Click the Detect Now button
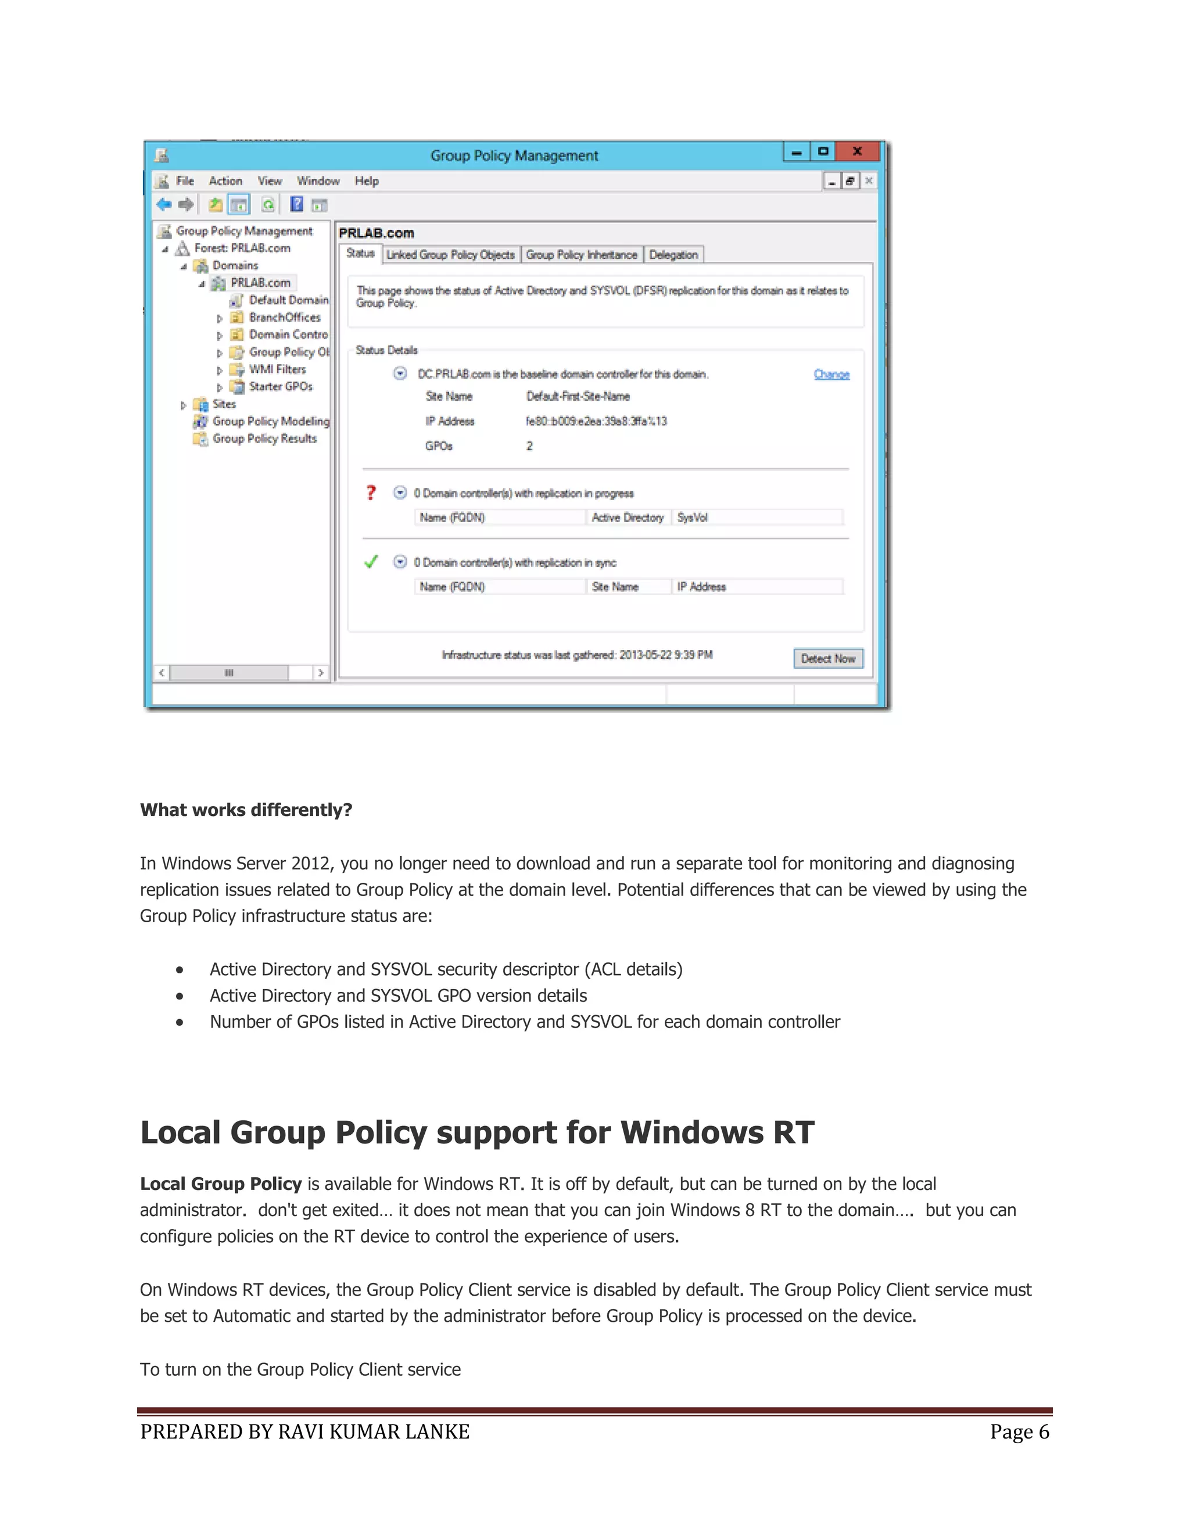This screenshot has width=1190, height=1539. [x=827, y=659]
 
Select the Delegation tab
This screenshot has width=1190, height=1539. [x=673, y=255]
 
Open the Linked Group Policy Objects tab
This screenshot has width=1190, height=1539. [x=450, y=255]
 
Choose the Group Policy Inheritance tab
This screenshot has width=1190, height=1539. [x=581, y=255]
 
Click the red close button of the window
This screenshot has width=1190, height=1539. [x=857, y=152]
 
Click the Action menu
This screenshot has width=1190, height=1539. [x=225, y=181]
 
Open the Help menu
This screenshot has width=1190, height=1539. [x=367, y=181]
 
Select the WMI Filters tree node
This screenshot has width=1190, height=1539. [x=277, y=369]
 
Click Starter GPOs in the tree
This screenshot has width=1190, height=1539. [x=280, y=387]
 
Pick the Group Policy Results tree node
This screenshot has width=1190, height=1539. [x=264, y=438]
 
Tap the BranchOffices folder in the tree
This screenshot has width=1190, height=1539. [x=284, y=318]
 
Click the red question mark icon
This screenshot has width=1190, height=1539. [x=371, y=492]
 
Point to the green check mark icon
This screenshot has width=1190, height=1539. [x=371, y=562]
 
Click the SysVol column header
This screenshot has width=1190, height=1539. [x=692, y=518]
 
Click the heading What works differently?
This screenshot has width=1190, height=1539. [x=246, y=810]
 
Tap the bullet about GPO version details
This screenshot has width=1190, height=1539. [x=398, y=995]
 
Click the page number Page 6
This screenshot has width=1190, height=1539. [x=1019, y=1432]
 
